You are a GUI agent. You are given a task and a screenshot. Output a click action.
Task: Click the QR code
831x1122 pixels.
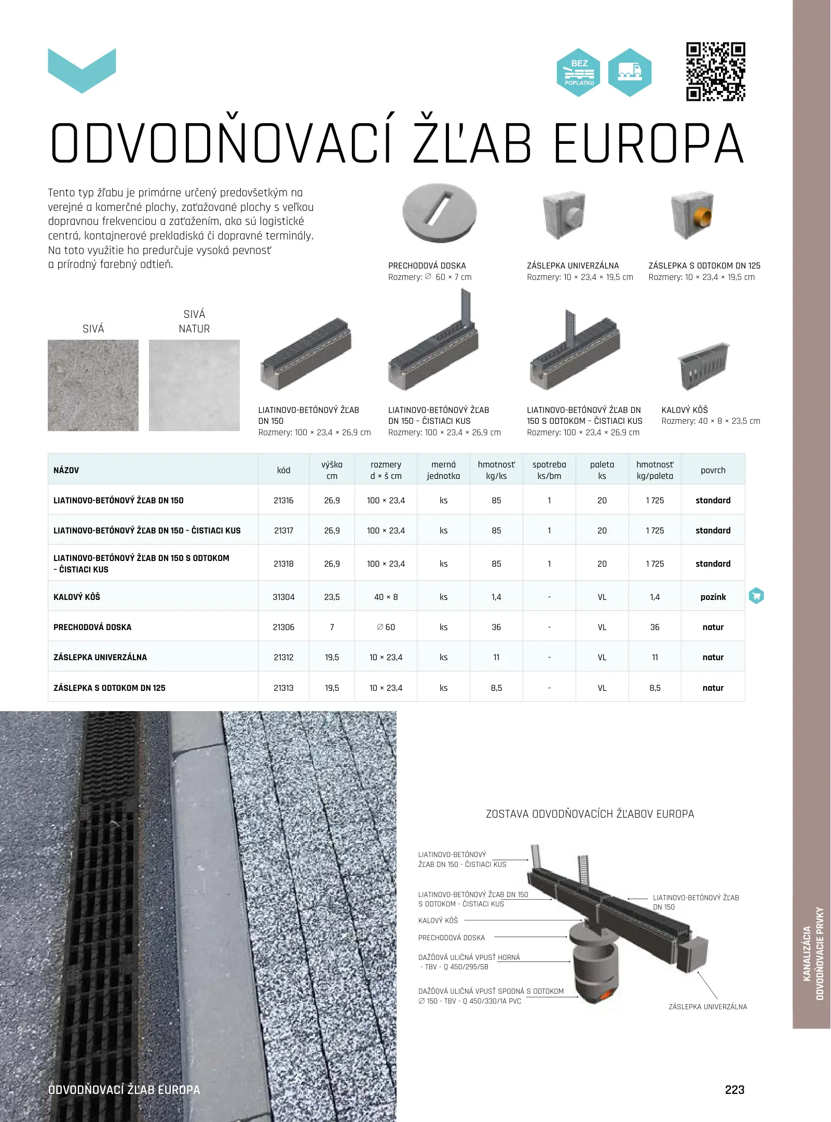coord(715,72)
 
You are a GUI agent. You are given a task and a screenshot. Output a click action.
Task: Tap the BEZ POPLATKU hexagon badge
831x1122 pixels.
coord(579,73)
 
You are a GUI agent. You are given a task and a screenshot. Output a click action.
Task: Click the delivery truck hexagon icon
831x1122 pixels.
coord(630,73)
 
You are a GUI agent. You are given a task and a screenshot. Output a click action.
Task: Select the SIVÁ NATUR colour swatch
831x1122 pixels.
coord(194,385)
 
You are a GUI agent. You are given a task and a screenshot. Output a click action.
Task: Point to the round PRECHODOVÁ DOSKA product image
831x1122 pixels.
coord(439,212)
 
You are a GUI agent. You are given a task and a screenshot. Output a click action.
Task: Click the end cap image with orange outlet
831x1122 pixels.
coord(691,215)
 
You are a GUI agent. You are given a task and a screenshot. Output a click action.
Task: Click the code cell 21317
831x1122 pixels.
coord(283,530)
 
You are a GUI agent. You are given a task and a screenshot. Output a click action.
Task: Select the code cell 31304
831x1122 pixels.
coord(283,597)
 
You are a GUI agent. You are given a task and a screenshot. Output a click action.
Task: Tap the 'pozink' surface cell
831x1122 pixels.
coord(713,597)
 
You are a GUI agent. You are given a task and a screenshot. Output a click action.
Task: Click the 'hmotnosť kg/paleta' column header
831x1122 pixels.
coord(655,470)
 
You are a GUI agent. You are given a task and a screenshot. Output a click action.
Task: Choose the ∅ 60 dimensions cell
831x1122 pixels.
coord(386,627)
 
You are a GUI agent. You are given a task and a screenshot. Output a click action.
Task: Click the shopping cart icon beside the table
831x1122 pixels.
coord(756,596)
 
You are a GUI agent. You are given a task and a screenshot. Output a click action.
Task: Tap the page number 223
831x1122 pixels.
coord(734,1089)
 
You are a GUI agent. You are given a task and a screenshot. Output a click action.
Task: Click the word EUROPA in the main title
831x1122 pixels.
coord(648,144)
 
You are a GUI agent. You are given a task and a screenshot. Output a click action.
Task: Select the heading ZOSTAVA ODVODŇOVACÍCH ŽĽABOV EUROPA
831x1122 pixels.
coord(590,814)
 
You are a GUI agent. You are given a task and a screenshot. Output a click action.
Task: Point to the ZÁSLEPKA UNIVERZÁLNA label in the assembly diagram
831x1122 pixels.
coord(707,1007)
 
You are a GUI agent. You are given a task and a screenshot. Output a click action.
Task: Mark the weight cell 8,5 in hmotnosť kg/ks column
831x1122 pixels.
coord(496,688)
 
